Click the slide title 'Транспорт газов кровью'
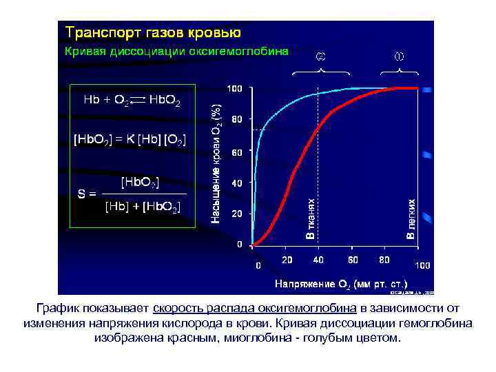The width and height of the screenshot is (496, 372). point(152,32)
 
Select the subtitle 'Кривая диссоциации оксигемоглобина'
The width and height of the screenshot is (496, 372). point(176,51)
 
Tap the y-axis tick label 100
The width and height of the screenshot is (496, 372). point(236,89)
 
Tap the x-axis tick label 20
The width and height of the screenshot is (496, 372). point(287,260)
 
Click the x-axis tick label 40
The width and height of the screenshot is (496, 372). point(319,260)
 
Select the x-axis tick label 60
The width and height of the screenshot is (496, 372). point(353,260)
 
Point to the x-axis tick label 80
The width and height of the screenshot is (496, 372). point(384,260)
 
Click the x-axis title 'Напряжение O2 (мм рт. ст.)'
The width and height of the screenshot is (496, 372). point(341,283)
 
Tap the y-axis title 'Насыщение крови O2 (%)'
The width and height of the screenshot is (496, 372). point(216,165)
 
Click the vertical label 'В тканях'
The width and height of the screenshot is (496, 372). point(311,220)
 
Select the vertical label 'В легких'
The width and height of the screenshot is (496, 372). point(411,220)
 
